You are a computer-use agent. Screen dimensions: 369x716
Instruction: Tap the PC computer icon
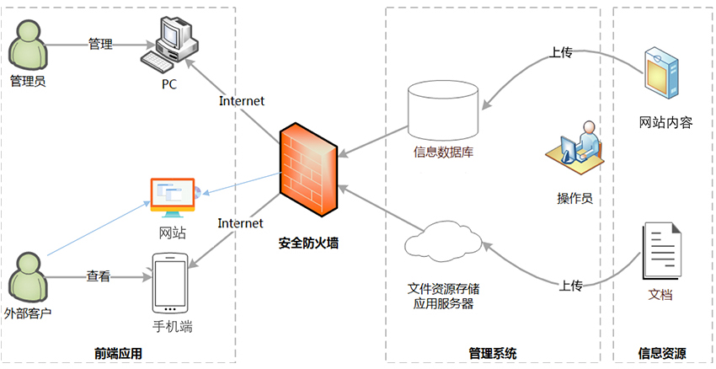pyautogui.click(x=170, y=46)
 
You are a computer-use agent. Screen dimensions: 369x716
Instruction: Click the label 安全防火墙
pyautogui.click(x=308, y=244)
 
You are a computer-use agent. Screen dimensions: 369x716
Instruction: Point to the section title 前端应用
pyautogui.click(x=118, y=353)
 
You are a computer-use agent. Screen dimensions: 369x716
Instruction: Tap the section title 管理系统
pyautogui.click(x=493, y=353)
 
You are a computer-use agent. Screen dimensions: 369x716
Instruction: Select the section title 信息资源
pyautogui.click(x=662, y=353)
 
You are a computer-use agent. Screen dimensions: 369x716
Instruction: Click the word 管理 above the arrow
pyautogui.click(x=100, y=44)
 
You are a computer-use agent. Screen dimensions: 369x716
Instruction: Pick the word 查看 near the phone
pyautogui.click(x=99, y=275)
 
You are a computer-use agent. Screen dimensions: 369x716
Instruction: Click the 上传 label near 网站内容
pyautogui.click(x=561, y=51)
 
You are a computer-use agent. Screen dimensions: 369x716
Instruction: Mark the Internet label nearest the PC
pyautogui.click(x=242, y=101)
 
